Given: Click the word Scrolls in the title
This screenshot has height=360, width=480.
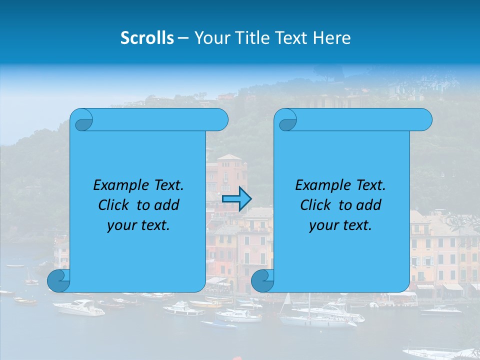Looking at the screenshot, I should [x=147, y=38].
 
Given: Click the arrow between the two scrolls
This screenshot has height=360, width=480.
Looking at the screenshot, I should [x=236, y=199].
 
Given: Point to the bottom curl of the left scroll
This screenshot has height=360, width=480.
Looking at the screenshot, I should [x=58, y=280].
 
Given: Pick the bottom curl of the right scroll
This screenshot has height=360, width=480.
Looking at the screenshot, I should [x=262, y=280].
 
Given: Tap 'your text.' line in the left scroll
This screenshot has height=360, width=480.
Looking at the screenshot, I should [x=138, y=225].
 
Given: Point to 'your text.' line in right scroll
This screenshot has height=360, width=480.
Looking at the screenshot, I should [x=340, y=225].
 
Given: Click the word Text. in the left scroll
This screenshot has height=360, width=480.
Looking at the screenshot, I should [x=166, y=185].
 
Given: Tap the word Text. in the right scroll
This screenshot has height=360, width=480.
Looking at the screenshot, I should [x=368, y=185].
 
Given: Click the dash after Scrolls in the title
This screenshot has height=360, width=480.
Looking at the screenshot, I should [x=183, y=38].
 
